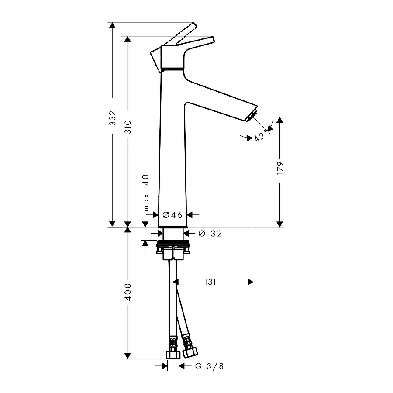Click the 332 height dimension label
pyautogui.click(x=113, y=118)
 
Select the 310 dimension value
pyautogui.click(x=128, y=127)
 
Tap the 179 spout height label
pyautogui.click(x=280, y=168)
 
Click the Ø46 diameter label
pyautogui.click(x=172, y=215)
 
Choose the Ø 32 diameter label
pyautogui.click(x=210, y=234)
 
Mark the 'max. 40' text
pyautogui.click(x=146, y=193)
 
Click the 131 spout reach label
pyautogui.click(x=210, y=282)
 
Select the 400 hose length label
pyautogui.click(x=128, y=292)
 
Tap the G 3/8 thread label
pyautogui.click(x=209, y=366)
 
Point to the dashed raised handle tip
pyautogui.click(x=194, y=25)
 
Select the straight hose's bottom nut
pyautogui.click(x=173, y=355)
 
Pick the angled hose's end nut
pyautogui.click(x=190, y=352)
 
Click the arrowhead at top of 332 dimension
pyautogui.click(x=112, y=25)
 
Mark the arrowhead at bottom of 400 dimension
pyautogui.click(x=128, y=355)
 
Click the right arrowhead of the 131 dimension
pyautogui.click(x=250, y=282)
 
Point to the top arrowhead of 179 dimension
pyautogui.click(x=280, y=120)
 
